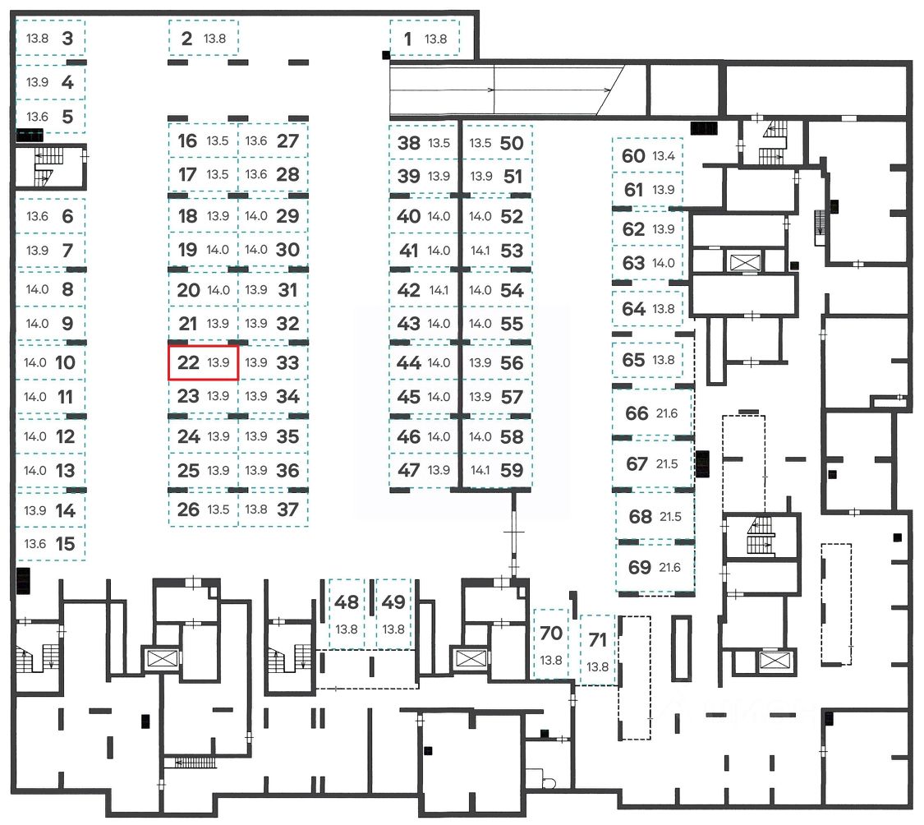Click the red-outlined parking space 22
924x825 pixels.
click(204, 362)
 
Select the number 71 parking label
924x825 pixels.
click(598, 640)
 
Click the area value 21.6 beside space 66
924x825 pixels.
click(666, 413)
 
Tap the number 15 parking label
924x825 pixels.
click(66, 544)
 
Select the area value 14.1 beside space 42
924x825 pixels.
click(439, 290)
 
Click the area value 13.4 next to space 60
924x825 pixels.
click(664, 156)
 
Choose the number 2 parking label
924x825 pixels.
click(186, 39)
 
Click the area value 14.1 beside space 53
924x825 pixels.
click(480, 251)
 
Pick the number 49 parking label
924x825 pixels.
click(393, 602)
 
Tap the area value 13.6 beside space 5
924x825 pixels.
click(37, 117)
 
